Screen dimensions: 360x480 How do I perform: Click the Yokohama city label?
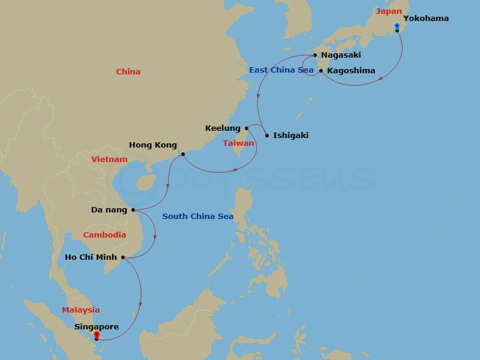click(425, 18)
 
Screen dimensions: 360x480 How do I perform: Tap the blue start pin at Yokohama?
click(397, 26)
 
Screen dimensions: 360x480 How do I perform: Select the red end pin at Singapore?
click(97, 334)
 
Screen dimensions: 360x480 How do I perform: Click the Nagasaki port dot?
click(315, 55)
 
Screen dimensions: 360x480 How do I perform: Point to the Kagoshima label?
click(351, 70)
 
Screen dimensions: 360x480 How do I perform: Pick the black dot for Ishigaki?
click(267, 135)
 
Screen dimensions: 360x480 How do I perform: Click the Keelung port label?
click(223, 128)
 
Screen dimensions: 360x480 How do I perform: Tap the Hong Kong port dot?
click(183, 154)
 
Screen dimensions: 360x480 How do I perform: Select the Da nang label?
click(109, 210)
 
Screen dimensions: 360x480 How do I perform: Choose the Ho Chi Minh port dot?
click(123, 257)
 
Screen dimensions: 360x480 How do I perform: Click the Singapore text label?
click(97, 326)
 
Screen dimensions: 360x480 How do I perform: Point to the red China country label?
click(128, 71)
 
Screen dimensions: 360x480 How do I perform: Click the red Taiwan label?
click(239, 143)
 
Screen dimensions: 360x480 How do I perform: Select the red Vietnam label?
click(110, 159)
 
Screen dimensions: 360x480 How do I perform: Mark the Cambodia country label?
click(104, 235)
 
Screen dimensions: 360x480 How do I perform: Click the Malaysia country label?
click(81, 310)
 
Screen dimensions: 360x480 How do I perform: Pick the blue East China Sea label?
click(281, 70)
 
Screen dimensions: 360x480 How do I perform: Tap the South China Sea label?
click(197, 216)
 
